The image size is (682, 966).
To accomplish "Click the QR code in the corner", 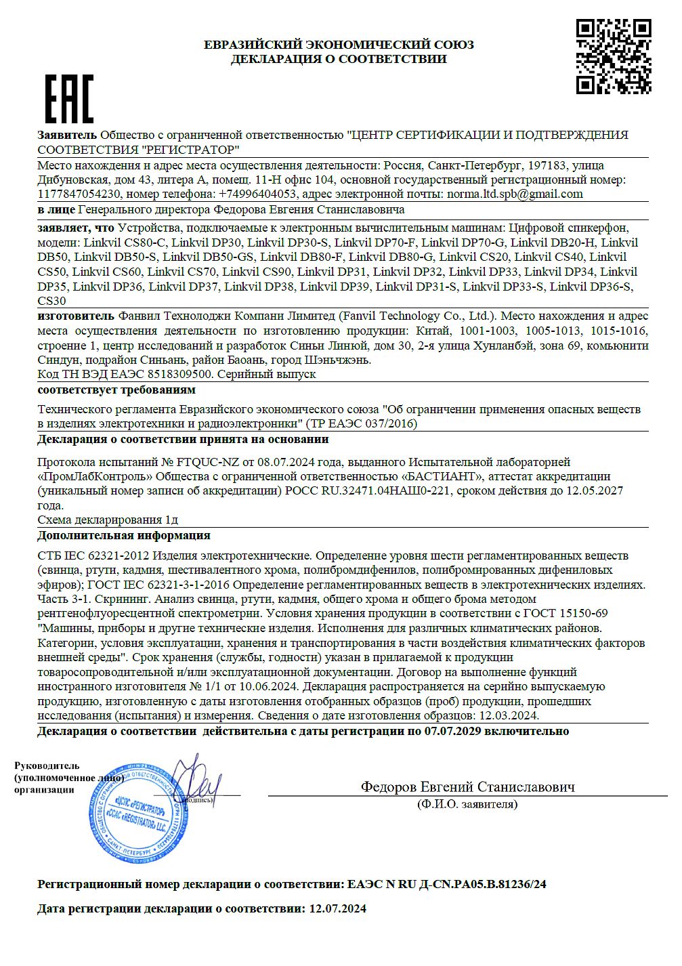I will [x=614, y=56].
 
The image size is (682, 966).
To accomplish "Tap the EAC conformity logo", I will [x=68, y=99].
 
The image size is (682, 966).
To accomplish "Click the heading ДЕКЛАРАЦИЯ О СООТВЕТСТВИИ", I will [x=339, y=59].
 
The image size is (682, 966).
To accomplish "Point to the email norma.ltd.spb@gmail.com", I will [x=514, y=194].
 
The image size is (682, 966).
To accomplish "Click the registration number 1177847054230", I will [x=79, y=194].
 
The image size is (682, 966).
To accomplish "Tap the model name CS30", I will [x=52, y=301].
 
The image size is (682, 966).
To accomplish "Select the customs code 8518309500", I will [x=174, y=374].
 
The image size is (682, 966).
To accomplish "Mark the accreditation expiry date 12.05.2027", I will [x=595, y=490].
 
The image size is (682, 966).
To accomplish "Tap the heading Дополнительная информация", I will [x=124, y=535].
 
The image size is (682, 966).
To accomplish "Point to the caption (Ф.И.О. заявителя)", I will [x=467, y=804].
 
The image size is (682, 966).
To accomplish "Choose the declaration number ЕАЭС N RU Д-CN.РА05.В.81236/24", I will [x=446, y=884].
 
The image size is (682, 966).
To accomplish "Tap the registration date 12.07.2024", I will [x=337, y=909].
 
